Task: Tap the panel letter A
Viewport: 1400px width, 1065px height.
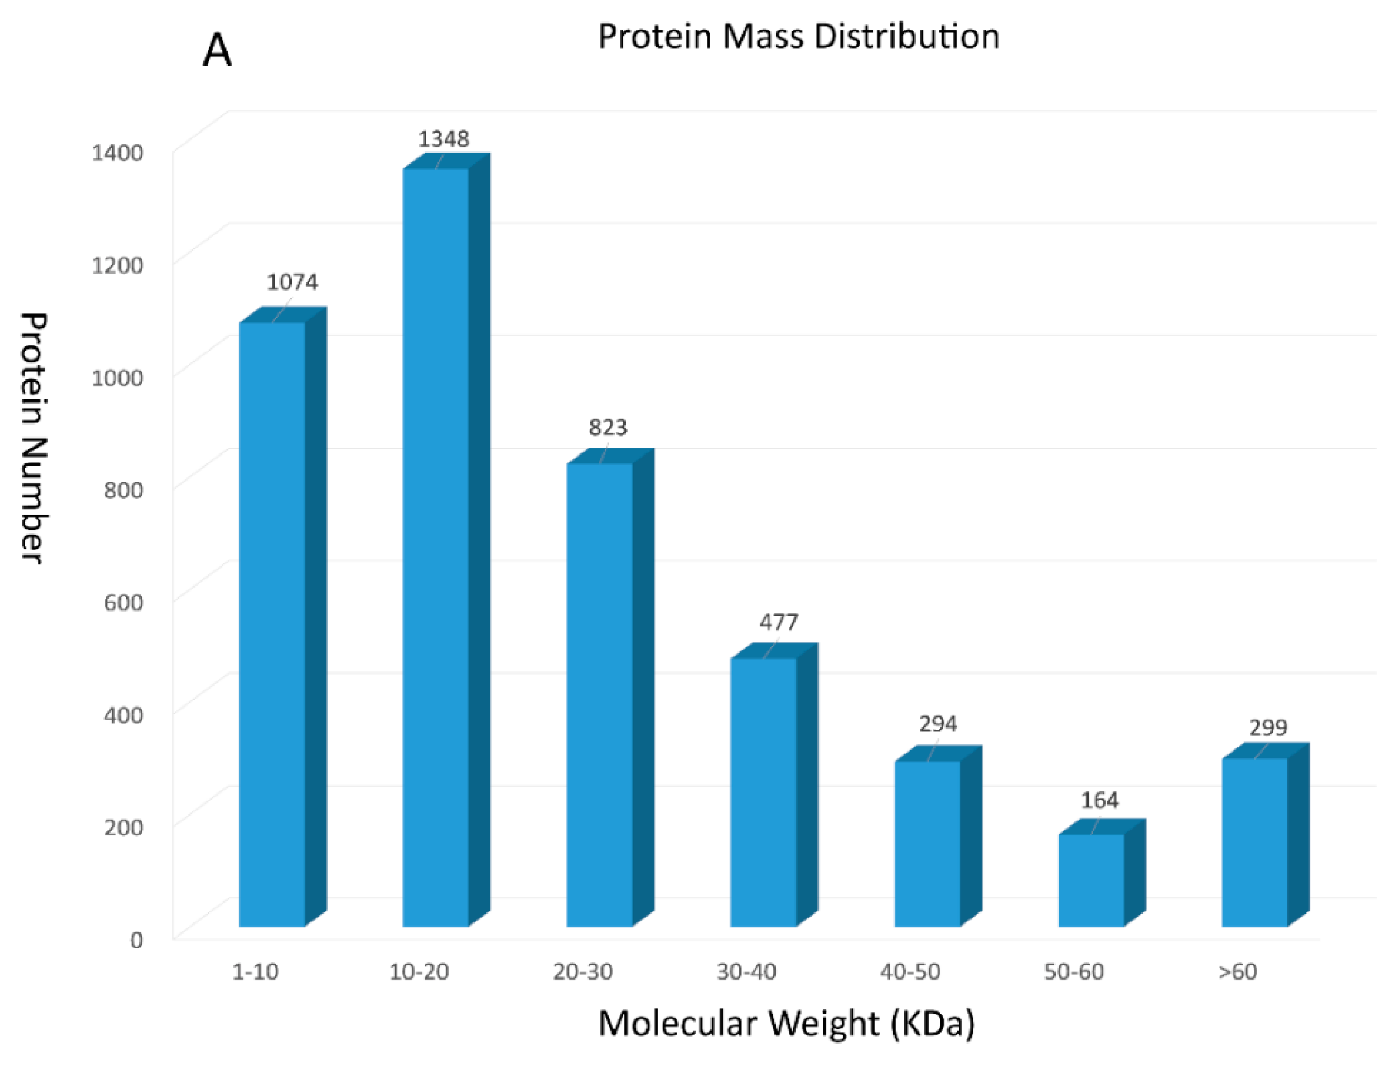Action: coord(217,51)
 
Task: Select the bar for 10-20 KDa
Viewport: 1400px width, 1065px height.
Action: coord(436,545)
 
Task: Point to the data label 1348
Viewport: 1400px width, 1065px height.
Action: coord(443,139)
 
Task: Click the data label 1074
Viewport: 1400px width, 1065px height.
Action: coord(292,282)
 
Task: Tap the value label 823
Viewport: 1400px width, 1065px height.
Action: coord(608,428)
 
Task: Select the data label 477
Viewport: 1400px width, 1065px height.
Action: coord(779,623)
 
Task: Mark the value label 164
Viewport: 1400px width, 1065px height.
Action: coord(1100,801)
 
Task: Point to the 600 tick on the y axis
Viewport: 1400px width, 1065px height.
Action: coord(123,602)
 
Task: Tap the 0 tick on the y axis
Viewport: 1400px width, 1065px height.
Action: coord(136,940)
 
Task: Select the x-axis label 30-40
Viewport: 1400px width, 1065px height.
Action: coord(746,972)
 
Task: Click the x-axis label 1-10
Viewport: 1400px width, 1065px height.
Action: coord(255,972)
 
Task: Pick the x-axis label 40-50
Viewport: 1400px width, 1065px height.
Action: coord(910,972)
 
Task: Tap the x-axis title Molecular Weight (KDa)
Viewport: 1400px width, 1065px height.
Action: coord(786,1023)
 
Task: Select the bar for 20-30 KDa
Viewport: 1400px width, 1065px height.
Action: coord(600,694)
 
